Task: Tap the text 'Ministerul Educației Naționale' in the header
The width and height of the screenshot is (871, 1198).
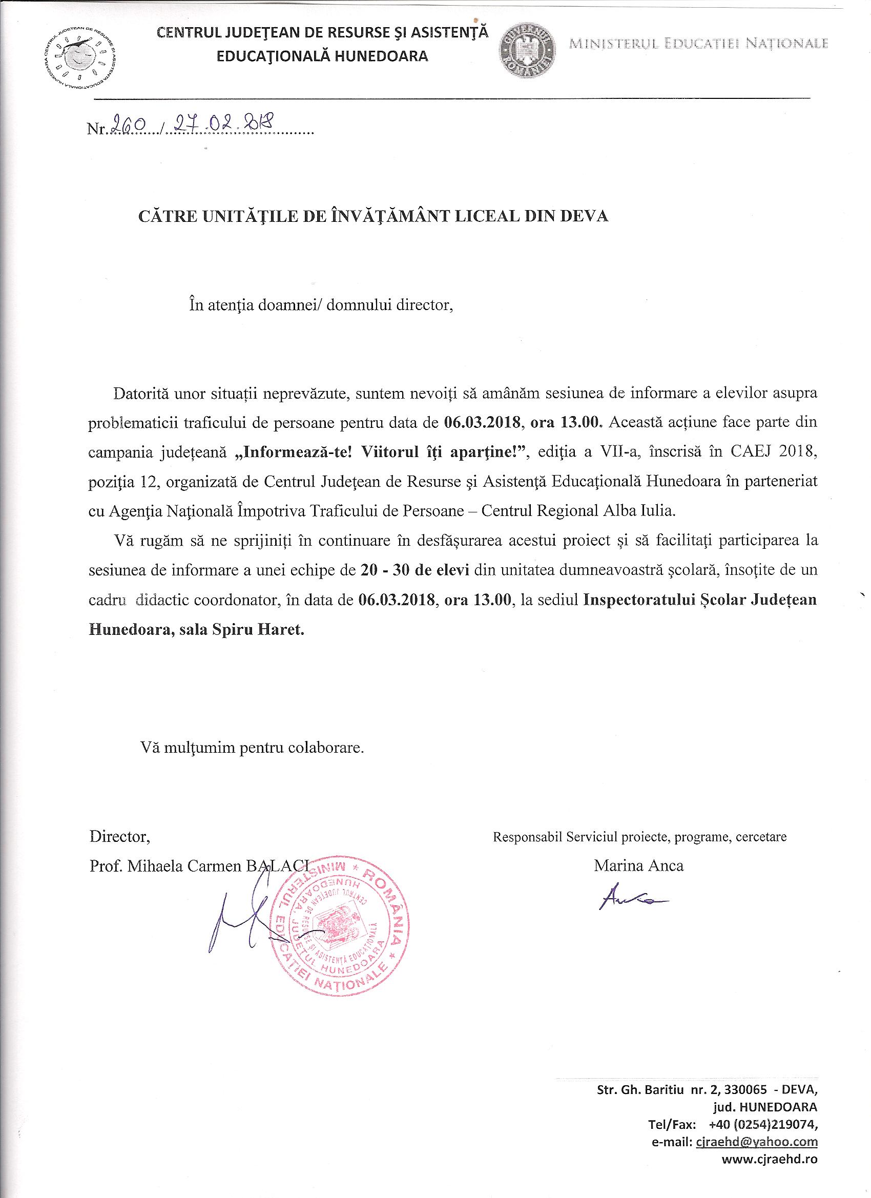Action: (x=698, y=44)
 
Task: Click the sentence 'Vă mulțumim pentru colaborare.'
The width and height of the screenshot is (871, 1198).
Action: (x=252, y=748)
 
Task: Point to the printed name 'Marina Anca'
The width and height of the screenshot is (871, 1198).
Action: (x=638, y=866)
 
